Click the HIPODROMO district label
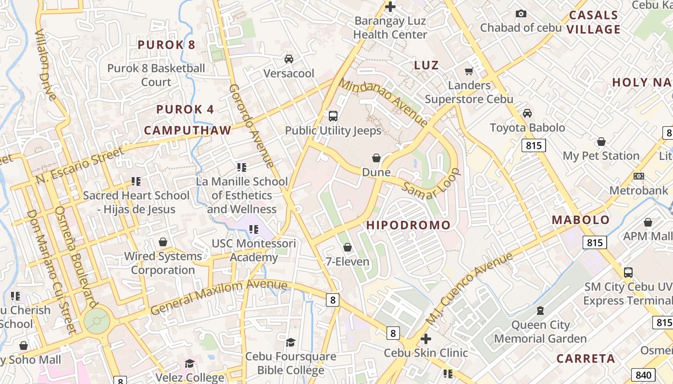pos(409,225)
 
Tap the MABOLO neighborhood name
pos(581,220)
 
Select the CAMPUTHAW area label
pos(187,130)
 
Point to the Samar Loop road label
pos(431,184)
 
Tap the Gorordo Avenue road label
pos(251,126)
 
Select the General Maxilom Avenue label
pos(219,297)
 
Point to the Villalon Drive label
pos(47,65)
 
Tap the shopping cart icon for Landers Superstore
pos(469,72)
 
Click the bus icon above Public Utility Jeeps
pos(333,116)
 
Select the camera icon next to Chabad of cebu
pos(521,14)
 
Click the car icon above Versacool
pos(289,59)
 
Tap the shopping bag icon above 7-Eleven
pos(348,248)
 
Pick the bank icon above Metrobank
pos(638,176)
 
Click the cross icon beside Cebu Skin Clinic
pos(425,339)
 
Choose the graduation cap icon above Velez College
pos(190,363)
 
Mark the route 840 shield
pos(643,375)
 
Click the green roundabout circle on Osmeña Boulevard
pos(97,320)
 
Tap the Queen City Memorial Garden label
pos(540,332)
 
